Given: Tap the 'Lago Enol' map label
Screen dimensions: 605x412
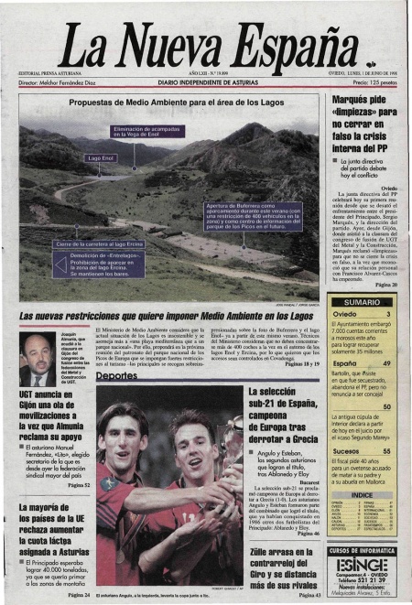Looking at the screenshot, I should point(102,158).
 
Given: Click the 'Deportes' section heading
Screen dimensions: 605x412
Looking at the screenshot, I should point(116,375).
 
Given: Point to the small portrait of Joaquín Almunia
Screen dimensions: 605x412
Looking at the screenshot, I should point(36,358).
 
